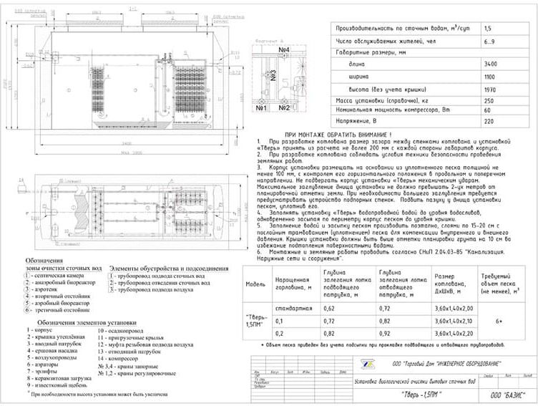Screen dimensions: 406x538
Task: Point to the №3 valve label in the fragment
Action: (273, 74)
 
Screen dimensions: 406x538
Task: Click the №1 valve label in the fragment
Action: (260, 108)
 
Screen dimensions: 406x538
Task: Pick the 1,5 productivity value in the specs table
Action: (488, 28)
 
